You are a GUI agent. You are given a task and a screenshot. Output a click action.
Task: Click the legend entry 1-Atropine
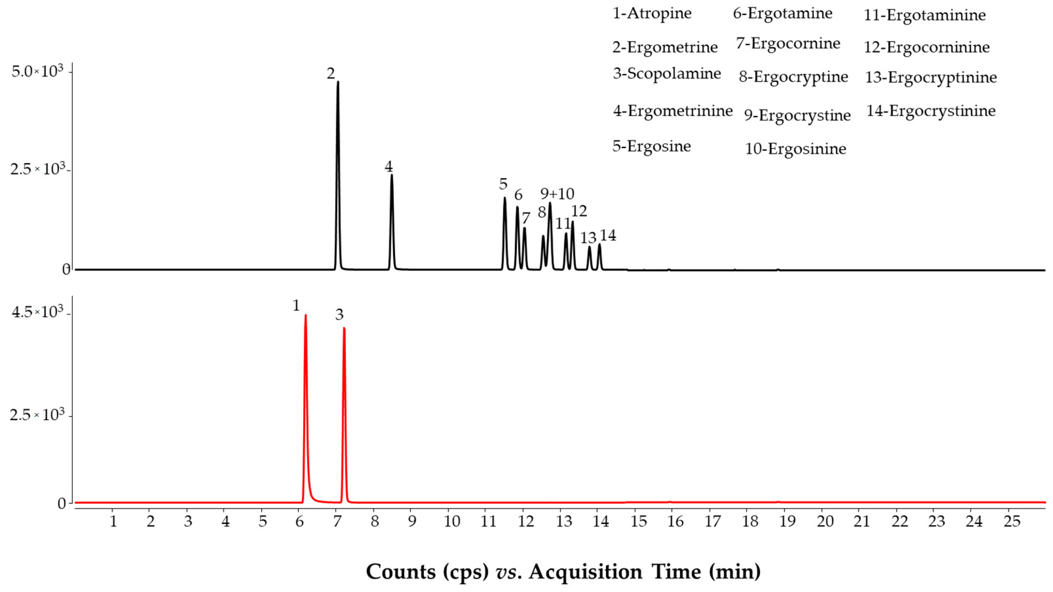coord(652,13)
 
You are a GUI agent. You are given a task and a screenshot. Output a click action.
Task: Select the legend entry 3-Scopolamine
coord(667,74)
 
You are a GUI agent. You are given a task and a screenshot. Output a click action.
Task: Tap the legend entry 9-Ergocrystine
coord(797,116)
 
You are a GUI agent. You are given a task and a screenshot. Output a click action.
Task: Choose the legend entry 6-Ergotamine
coord(782,13)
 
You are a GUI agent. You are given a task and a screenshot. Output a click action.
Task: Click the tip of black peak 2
coord(338,82)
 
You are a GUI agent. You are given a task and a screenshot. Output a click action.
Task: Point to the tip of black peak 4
coord(392,175)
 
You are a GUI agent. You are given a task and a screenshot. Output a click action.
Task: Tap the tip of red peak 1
coord(305,315)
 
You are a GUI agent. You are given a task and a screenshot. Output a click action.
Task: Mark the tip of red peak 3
coord(344,328)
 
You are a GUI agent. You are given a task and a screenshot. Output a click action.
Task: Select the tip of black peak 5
coord(505,198)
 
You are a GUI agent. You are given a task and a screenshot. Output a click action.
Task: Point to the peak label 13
coord(589,238)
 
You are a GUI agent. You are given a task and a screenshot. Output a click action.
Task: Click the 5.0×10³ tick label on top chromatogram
coord(38,72)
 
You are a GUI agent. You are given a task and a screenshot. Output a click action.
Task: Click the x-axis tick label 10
coord(452,522)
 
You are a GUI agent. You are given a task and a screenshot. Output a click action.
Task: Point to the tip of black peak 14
coord(600,244)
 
